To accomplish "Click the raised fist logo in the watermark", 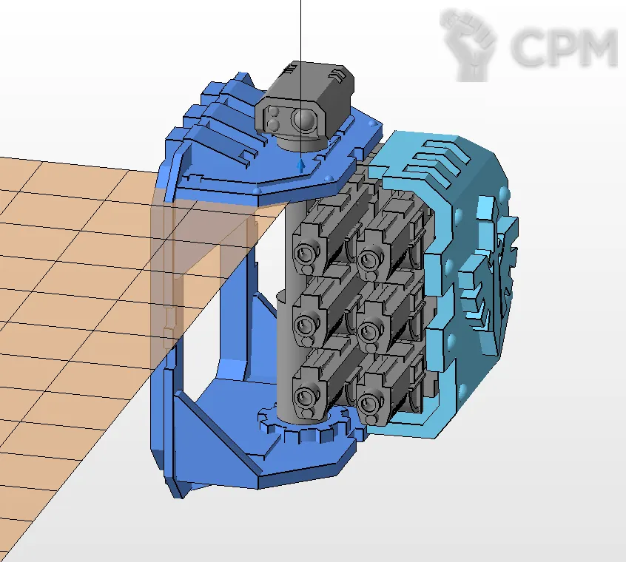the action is [468, 44].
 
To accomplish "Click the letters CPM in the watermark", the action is [564, 47].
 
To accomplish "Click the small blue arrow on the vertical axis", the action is [301, 166].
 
